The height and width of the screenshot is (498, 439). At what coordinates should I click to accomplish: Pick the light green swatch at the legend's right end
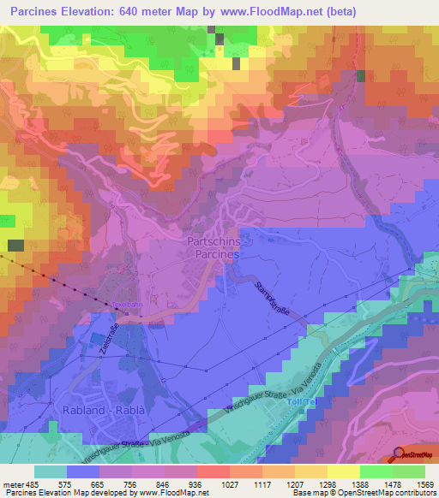pyautogui.click(x=408, y=471)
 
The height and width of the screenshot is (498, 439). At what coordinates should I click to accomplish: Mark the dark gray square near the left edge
pyautogui.click(x=15, y=246)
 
